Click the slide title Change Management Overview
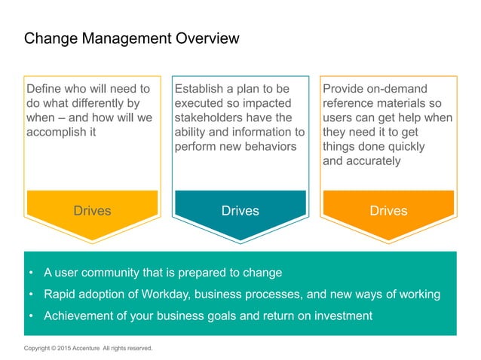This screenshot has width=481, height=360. (x=132, y=38)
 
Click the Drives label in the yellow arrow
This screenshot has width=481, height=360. (x=92, y=211)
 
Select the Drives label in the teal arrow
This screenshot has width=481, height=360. (x=240, y=211)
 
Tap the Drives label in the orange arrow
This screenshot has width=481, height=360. (x=388, y=211)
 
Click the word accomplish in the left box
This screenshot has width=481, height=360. (x=60, y=132)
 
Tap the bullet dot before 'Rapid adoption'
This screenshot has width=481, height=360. (x=31, y=294)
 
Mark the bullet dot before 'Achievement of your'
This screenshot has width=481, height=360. (x=31, y=316)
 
